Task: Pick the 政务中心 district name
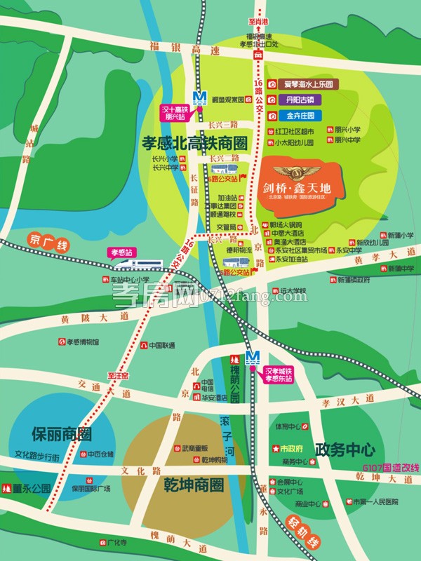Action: [x=345, y=449]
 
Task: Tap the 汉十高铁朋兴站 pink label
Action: [x=173, y=113]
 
